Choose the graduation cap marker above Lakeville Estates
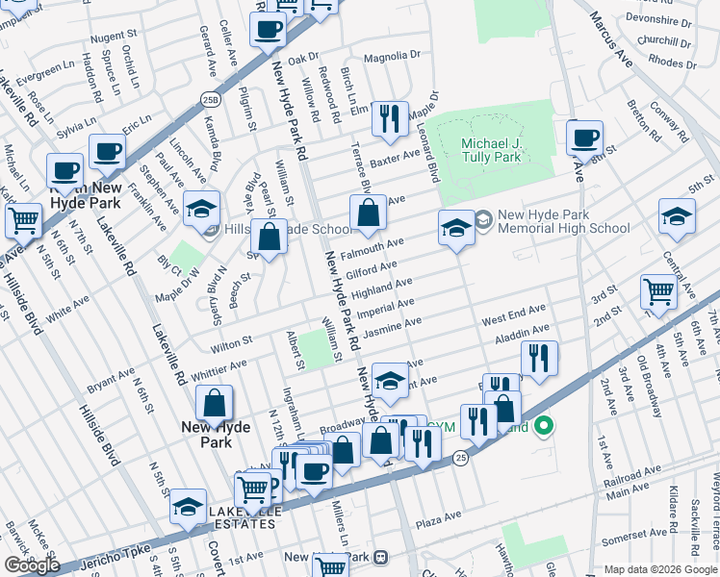coord(189,506)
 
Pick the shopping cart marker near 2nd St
coord(658,290)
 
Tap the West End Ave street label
coord(514,314)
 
